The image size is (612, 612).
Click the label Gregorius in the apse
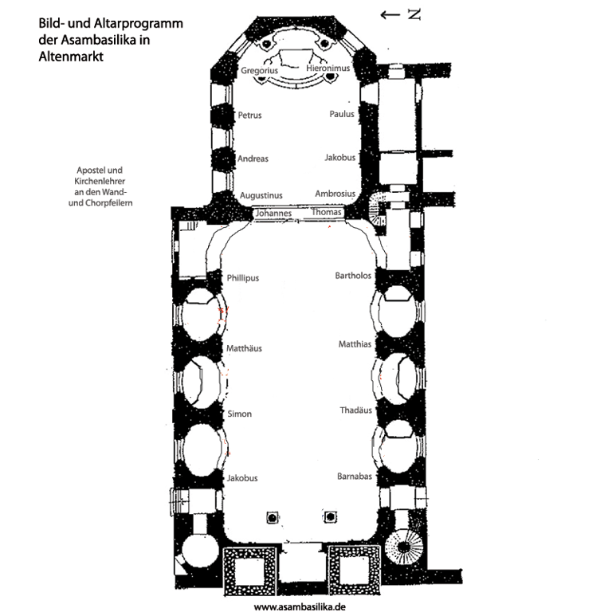260,71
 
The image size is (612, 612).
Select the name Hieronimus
328,69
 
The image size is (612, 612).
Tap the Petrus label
249,116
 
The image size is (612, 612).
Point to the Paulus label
342,114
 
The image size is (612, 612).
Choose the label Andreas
253,159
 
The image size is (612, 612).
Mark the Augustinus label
261,195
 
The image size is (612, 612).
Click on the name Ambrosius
335,194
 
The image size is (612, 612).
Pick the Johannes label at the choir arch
273,214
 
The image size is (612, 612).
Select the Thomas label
327,213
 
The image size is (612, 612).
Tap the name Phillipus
243,278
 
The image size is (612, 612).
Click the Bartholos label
354,276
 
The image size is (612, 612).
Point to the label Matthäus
244,348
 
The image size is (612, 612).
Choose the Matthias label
355,344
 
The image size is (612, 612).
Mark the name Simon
240,414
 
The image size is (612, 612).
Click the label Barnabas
355,476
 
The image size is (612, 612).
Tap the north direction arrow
390,14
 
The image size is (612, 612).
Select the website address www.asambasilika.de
299,606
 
